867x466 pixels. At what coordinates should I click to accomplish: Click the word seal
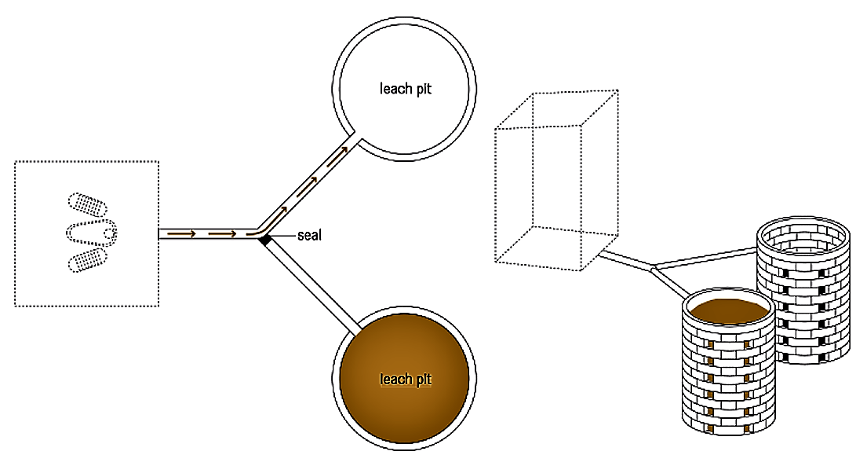point(309,234)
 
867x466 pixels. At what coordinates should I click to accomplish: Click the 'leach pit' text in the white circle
point(406,89)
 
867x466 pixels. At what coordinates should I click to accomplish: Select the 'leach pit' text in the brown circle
point(406,380)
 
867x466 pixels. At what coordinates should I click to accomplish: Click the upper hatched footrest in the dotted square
point(88,204)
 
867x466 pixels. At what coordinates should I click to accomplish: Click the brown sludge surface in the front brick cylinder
point(727,310)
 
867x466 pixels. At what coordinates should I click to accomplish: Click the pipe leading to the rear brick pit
point(706,259)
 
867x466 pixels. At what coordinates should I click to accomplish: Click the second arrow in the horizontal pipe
point(223,233)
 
